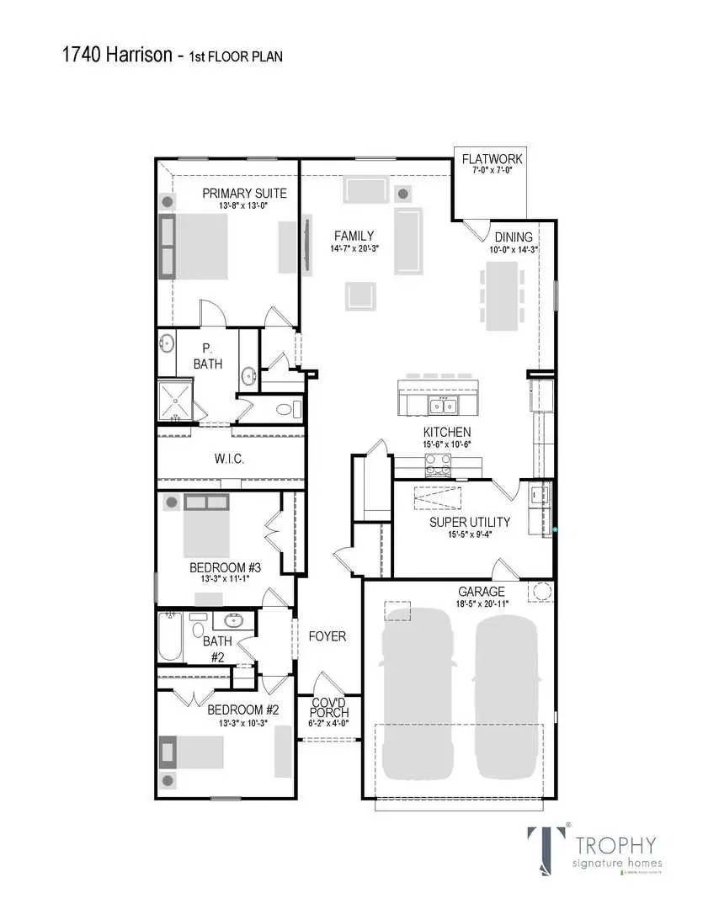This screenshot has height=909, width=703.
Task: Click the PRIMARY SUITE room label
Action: coord(244,194)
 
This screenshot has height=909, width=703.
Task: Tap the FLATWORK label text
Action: coord(493,159)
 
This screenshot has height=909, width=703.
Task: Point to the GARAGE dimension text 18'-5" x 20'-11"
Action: coord(482,603)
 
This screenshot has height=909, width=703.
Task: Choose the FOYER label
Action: coord(327,636)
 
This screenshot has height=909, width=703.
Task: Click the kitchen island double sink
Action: coord(441,407)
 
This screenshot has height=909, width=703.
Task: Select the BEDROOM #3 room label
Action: coord(225,568)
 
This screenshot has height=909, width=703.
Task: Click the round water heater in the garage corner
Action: coord(541,592)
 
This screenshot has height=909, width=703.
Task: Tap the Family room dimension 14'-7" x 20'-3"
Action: coord(354,249)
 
